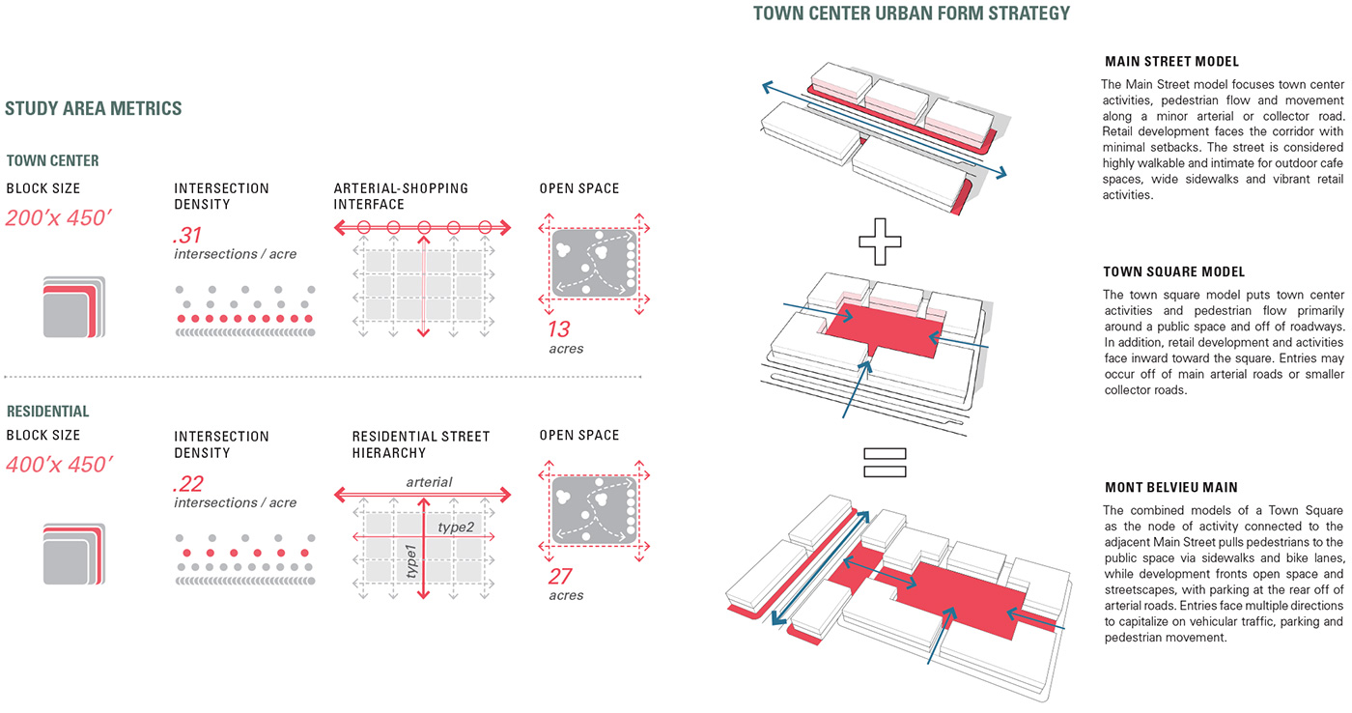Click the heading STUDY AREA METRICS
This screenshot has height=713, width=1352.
[x=94, y=109]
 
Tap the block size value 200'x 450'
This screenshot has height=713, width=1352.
[x=59, y=217]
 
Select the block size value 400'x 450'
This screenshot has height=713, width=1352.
[x=59, y=465]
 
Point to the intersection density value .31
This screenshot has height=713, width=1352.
[x=188, y=235]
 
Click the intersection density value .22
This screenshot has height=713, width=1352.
[x=188, y=483]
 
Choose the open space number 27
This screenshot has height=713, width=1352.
[x=560, y=577]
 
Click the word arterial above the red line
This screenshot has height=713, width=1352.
[x=429, y=482]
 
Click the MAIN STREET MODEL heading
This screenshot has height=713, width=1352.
[x=1171, y=62]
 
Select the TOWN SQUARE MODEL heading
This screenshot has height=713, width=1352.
[x=1174, y=272]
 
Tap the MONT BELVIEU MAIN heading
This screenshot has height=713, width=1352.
[x=1170, y=488]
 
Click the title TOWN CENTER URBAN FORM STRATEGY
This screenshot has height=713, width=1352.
[x=912, y=14]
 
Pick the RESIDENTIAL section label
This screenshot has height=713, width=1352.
[x=47, y=412]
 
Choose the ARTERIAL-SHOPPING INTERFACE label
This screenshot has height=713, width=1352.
[x=401, y=196]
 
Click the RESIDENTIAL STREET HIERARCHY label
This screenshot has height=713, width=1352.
[x=421, y=444]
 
